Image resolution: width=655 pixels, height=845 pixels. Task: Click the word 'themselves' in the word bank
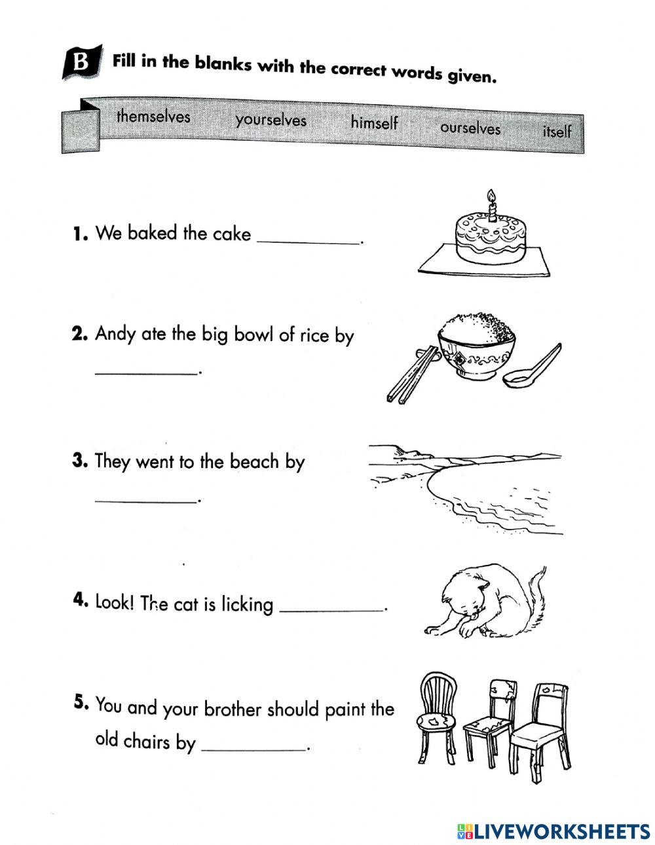click(x=153, y=117)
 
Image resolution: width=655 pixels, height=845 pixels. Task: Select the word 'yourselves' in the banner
click(x=271, y=120)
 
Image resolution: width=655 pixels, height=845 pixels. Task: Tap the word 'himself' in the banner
click(x=374, y=122)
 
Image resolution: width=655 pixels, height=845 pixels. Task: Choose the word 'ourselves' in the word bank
click(x=470, y=128)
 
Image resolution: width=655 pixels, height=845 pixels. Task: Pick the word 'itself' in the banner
click(x=556, y=131)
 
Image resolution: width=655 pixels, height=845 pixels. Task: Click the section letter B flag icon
click(x=82, y=63)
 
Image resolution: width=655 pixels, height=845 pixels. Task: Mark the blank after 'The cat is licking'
click(x=331, y=608)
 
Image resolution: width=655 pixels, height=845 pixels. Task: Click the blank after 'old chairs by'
click(x=253, y=747)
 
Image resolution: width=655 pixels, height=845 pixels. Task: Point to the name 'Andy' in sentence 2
click(x=115, y=334)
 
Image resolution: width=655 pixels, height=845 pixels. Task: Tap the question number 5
click(x=81, y=702)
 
